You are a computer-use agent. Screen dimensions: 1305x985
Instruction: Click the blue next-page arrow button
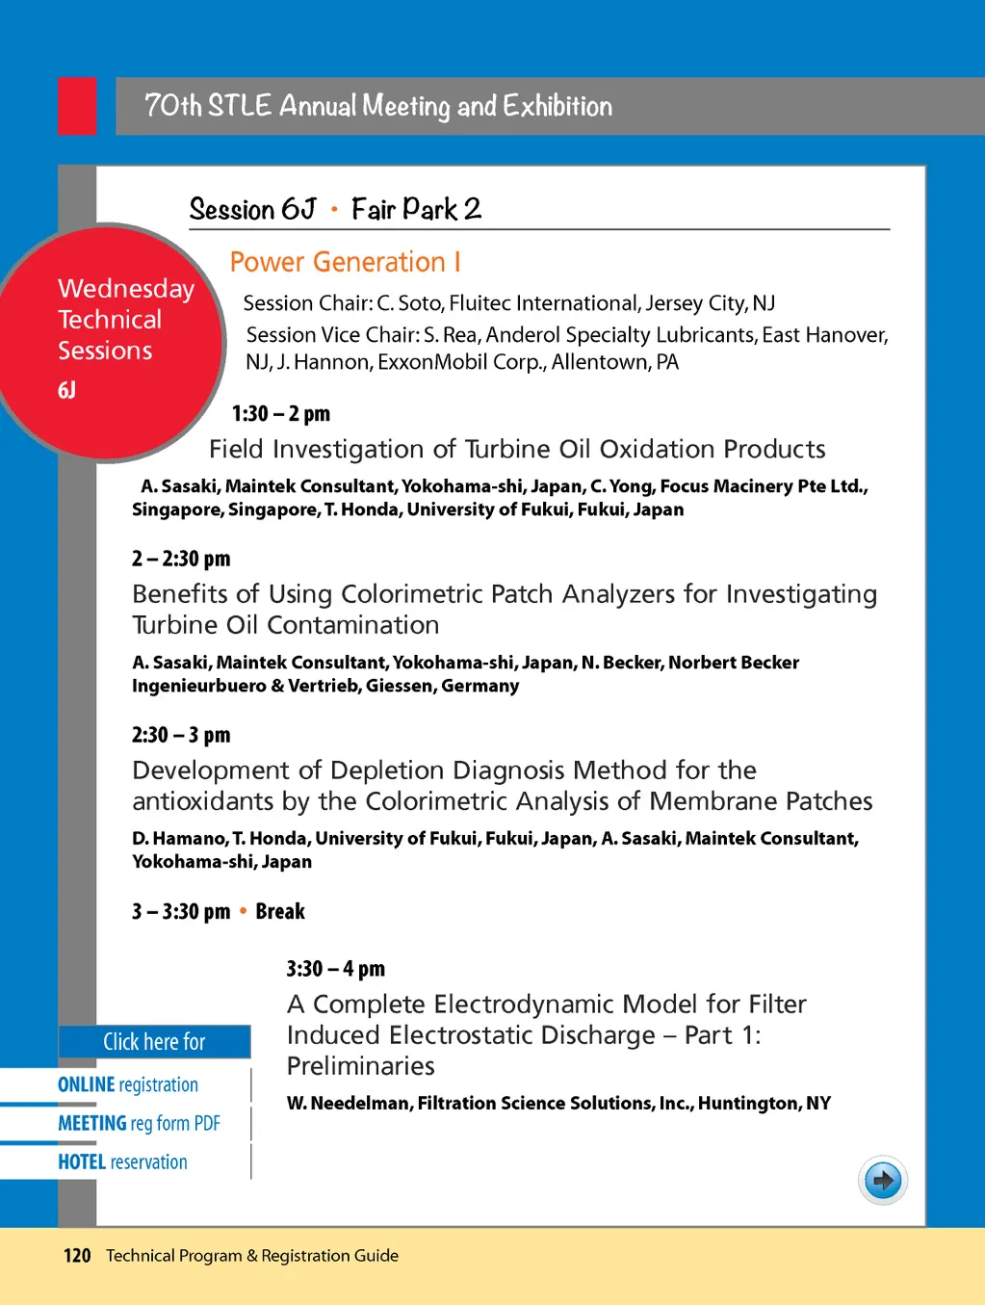[883, 1180]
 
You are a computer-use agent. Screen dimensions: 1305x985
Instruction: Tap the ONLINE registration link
[128, 1084]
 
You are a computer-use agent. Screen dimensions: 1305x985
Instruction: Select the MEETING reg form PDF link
[139, 1123]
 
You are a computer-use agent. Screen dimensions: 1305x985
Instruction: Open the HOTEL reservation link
[122, 1161]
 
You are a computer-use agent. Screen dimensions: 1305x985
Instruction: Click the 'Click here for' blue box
[154, 1042]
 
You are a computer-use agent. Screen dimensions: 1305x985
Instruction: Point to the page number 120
[77, 1256]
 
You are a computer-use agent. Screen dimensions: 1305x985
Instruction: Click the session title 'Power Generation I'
[345, 262]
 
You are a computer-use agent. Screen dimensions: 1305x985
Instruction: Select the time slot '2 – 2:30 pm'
[181, 559]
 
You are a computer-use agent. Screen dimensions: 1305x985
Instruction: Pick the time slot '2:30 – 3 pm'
[181, 735]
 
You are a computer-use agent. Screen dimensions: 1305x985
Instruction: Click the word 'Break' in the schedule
[280, 911]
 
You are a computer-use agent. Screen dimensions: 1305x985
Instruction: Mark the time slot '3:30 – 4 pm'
[335, 969]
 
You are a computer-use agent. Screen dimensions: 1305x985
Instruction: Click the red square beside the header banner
[77, 106]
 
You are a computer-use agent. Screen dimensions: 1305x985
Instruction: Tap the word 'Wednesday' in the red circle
[126, 289]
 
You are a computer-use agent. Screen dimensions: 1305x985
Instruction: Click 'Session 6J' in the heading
[252, 209]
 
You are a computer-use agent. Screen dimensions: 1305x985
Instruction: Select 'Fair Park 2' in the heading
[416, 209]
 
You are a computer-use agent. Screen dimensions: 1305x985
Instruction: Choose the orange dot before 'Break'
[243, 911]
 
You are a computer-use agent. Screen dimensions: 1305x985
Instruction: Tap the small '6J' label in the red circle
[66, 390]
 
